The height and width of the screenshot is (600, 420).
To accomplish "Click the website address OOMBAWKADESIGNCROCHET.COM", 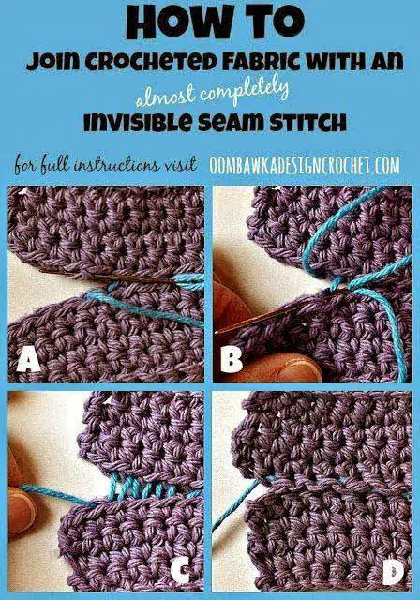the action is coord(305,165).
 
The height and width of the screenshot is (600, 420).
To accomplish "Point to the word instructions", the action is coord(115,165).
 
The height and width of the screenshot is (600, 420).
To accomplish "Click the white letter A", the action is coord(28,361).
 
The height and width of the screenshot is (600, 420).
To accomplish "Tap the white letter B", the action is coord(232,360).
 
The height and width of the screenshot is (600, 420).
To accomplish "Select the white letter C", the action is coord(180,570).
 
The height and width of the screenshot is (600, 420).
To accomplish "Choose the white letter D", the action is coord(391,572).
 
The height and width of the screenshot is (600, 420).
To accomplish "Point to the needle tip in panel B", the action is coord(217,332).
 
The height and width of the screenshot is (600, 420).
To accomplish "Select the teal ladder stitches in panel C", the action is coord(149,488).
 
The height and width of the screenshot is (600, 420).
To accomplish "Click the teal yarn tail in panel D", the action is coord(235,505).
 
